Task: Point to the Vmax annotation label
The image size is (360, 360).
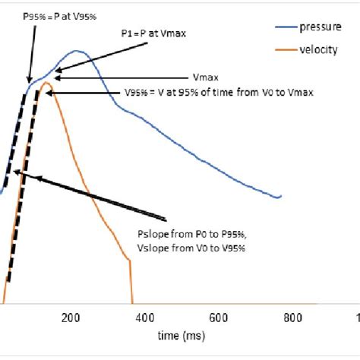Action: [206, 77]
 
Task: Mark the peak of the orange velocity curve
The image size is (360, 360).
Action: [47, 82]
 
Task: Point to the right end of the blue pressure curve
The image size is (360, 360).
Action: [281, 196]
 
